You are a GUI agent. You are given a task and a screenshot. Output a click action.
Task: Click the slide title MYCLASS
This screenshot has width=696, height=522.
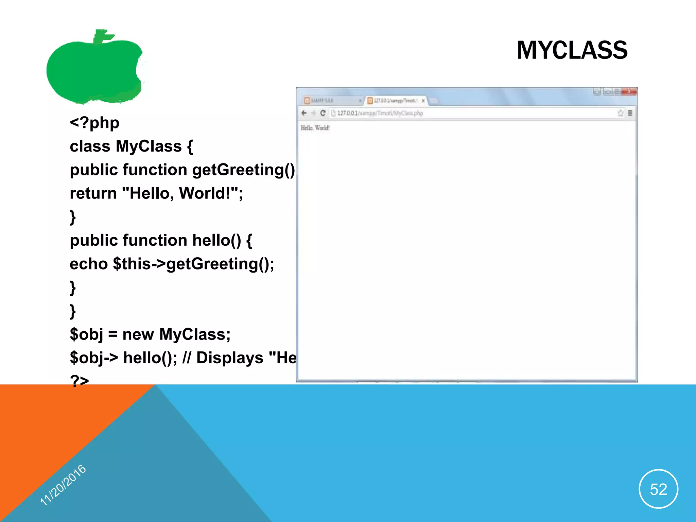click(x=572, y=50)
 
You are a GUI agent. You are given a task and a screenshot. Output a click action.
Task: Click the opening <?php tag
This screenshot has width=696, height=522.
click(x=94, y=123)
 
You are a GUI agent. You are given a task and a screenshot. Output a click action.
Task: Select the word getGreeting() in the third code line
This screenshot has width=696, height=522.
click(x=243, y=170)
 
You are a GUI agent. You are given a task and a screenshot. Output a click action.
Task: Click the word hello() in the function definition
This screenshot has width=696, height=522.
click(x=216, y=240)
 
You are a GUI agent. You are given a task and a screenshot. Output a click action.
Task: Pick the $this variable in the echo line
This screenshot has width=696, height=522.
click(x=132, y=264)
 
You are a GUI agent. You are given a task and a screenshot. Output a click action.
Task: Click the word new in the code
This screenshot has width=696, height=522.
click(x=138, y=334)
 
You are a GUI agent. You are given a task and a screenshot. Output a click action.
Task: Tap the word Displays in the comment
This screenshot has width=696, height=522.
click(x=230, y=358)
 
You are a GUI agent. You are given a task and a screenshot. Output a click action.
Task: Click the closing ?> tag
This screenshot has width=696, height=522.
click(x=79, y=380)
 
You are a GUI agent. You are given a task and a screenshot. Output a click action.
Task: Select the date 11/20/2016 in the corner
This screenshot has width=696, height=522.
click(x=63, y=485)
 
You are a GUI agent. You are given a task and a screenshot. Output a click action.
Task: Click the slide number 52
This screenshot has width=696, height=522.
click(x=658, y=489)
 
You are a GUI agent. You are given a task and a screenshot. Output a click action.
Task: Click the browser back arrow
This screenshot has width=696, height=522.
click(x=304, y=113)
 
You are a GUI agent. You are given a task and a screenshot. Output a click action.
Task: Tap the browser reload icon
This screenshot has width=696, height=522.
click(x=323, y=113)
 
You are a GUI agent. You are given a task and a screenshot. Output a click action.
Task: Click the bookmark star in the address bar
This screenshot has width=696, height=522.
click(x=621, y=113)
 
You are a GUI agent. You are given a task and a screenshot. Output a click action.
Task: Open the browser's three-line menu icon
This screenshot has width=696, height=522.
click(x=630, y=113)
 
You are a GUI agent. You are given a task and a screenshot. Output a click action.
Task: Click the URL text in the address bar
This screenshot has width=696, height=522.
click(x=380, y=113)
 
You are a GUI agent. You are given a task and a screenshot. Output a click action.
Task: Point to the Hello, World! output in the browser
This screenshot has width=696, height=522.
click(x=315, y=128)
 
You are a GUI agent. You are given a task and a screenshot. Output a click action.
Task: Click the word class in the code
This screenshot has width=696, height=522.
click(x=90, y=146)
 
